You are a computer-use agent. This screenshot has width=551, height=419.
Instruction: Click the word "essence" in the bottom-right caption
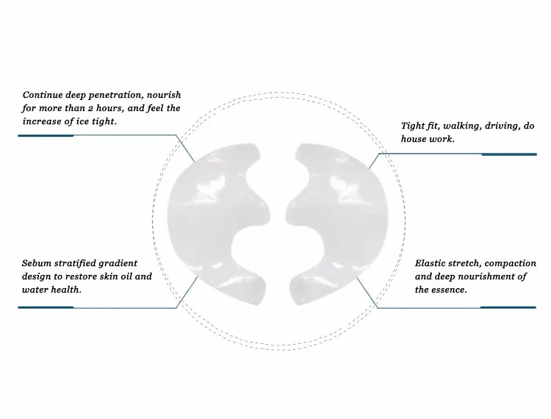pos(449,289)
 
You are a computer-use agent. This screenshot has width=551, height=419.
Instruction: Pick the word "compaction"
pos(509,262)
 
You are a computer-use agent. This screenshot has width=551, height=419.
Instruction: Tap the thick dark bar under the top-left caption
pos(46,135)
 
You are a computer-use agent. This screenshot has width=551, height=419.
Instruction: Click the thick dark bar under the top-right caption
pos(508,154)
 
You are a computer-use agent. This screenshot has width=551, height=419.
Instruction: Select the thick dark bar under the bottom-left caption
pos(46,307)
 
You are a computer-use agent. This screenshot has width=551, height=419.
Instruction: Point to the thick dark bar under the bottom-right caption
pos(508,307)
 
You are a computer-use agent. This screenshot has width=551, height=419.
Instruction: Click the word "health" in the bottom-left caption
pos(63,289)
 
